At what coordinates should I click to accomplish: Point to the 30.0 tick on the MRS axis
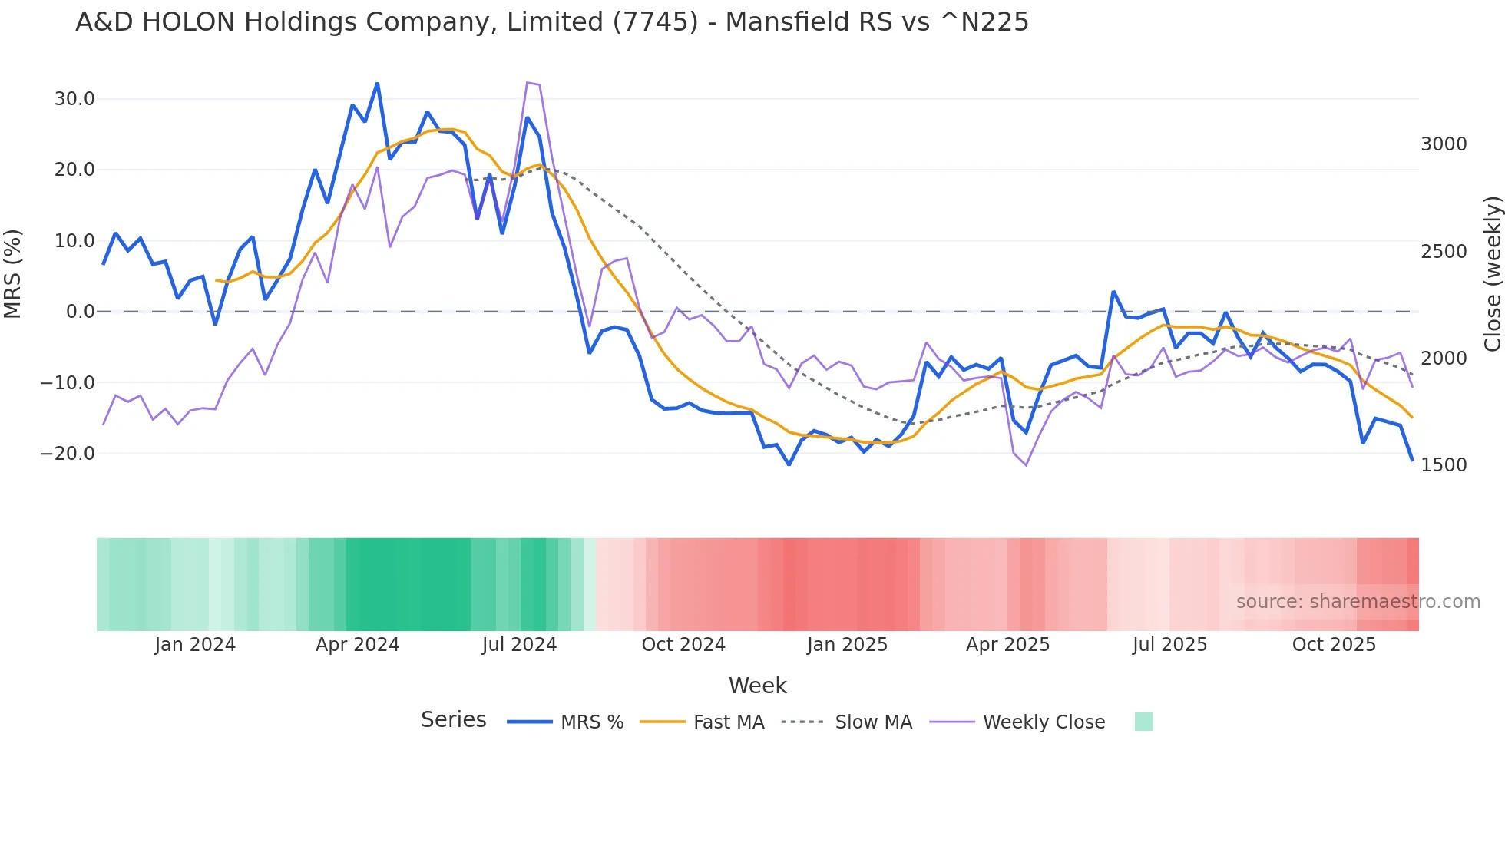pos(74,99)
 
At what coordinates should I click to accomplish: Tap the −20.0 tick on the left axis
pos(68,454)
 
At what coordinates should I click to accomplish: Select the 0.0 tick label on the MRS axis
pos(80,312)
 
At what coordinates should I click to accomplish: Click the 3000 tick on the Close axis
pos(1444,144)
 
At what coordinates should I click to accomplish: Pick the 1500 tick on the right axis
pos(1444,464)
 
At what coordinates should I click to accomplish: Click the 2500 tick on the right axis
pos(1444,252)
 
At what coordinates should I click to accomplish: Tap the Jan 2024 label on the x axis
pos(195,645)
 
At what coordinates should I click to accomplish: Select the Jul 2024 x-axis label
pos(519,645)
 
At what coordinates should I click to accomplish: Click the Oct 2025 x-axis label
pos(1334,645)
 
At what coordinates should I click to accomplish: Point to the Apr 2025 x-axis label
pos(1007,645)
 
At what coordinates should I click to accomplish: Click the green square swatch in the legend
pos(1143,722)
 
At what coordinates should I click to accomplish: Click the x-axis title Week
pos(757,686)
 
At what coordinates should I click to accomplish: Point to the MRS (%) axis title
pos(13,273)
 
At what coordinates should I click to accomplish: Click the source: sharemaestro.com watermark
pos(1358,602)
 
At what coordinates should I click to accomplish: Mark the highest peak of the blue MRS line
pos(377,84)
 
